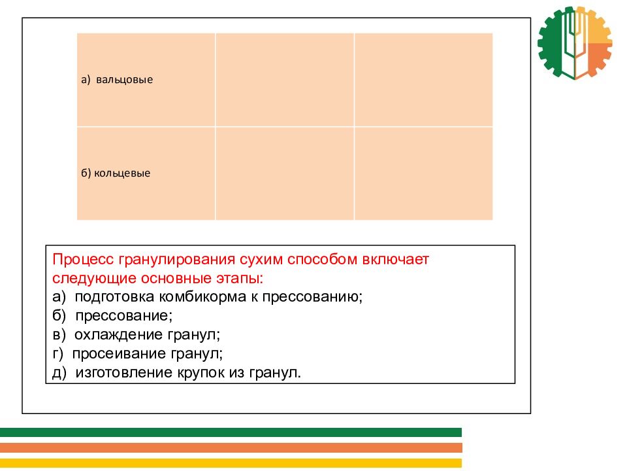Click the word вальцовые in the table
coord(124,80)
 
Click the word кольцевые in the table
coord(122,173)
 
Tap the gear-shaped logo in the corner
coord(575,43)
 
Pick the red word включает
coord(396,260)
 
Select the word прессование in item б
coord(123,316)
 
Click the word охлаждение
coord(119,334)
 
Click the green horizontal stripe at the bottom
coord(231,432)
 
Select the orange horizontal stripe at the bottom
coord(231,447)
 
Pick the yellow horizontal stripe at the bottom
coord(231,463)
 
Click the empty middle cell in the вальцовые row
coord(285,80)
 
